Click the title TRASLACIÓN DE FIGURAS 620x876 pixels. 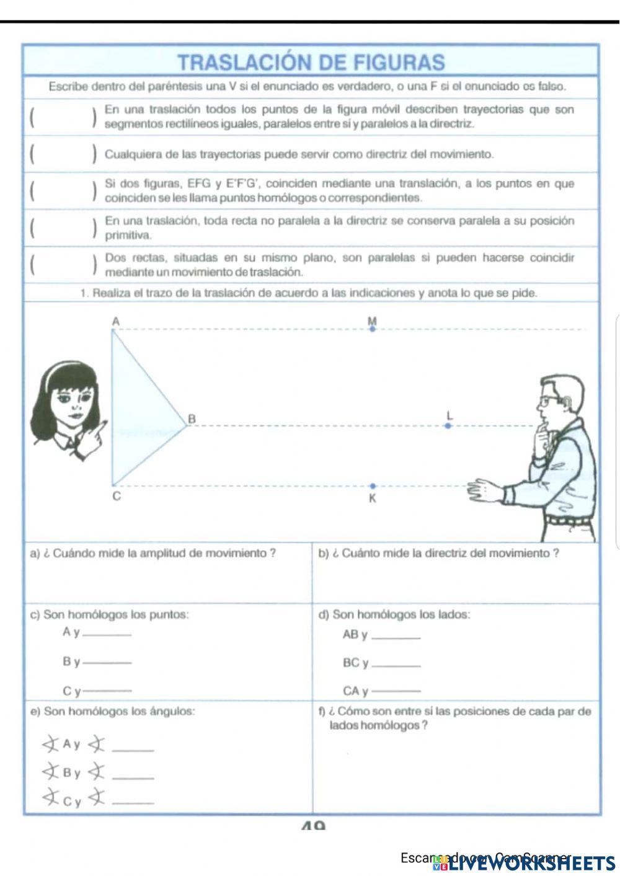coord(311,63)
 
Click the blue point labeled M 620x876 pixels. coord(372,329)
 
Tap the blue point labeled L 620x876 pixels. coord(448,426)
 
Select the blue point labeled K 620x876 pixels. coord(372,487)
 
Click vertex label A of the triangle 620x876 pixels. coord(115,321)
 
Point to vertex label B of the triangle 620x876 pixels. coord(192,419)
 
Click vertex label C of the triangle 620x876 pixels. coord(117,497)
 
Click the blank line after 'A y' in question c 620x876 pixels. coord(107,634)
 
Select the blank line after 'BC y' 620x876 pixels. coord(397,665)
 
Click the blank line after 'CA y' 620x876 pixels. coord(397,692)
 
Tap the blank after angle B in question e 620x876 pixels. coord(135,777)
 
